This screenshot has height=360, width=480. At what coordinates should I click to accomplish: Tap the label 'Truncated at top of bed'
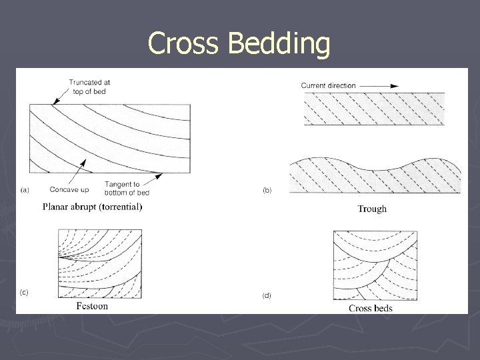(x=89, y=87)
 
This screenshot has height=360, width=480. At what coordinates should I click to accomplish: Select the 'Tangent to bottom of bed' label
(x=127, y=188)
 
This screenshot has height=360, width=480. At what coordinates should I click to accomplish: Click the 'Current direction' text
(x=328, y=85)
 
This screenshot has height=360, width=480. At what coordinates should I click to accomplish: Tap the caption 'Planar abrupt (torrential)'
(x=92, y=207)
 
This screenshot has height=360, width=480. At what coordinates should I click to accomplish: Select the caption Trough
(x=371, y=209)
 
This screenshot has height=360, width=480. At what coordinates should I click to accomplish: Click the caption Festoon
(x=92, y=306)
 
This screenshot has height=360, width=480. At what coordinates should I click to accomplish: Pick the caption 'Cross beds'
(x=370, y=308)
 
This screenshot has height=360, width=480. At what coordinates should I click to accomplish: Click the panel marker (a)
(x=25, y=189)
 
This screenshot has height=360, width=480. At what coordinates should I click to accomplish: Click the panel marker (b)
(x=267, y=190)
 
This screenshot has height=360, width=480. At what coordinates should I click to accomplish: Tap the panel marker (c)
(x=25, y=292)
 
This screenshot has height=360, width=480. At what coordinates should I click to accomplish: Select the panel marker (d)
(x=267, y=295)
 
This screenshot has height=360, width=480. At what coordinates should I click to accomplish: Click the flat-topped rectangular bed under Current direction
(x=373, y=109)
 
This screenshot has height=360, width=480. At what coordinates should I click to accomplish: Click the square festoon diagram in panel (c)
(x=100, y=263)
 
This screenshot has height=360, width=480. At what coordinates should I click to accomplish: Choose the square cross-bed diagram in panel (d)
(x=375, y=265)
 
